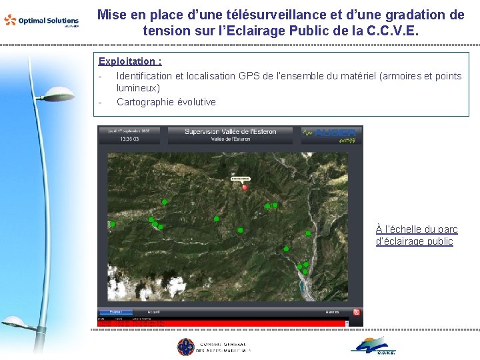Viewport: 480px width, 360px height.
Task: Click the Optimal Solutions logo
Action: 41,21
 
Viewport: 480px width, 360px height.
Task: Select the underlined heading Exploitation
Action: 130,61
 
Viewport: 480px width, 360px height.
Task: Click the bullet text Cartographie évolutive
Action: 166,102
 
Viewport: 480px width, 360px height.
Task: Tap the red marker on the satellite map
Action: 245,187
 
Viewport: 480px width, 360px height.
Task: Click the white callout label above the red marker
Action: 240,179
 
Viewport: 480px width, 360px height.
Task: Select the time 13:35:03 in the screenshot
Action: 129,140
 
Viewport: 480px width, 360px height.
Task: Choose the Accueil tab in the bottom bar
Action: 154,311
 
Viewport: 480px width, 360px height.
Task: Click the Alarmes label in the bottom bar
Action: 332,311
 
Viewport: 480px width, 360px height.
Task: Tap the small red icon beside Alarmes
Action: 357,311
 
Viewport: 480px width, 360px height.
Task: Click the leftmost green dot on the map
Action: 113,224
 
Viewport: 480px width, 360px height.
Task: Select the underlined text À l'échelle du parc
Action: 417,229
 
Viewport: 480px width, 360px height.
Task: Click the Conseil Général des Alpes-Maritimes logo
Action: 213,347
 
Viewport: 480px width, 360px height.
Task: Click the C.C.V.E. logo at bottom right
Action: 374,346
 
